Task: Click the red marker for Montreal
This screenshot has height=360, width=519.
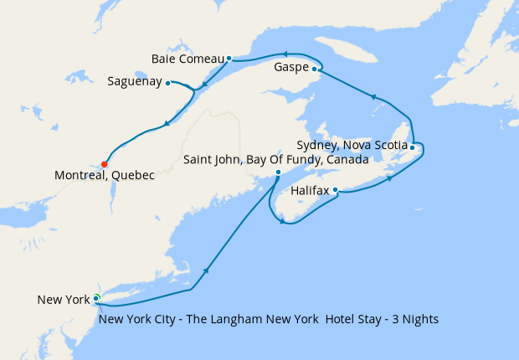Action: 105,164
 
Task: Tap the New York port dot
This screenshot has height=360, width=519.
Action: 96,298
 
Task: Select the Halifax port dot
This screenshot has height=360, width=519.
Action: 336,190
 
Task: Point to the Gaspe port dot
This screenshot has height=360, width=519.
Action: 315,69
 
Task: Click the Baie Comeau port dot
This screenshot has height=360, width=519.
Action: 229,59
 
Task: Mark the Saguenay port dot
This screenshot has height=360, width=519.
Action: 168,82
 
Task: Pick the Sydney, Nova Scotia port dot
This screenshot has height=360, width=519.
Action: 413,147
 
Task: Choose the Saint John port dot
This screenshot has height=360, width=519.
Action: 279,172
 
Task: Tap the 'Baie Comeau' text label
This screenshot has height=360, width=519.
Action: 188,59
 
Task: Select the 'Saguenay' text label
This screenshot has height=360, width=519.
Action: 135,82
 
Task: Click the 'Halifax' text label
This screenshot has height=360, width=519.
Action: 311,191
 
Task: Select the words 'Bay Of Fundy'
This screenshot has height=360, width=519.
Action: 291,159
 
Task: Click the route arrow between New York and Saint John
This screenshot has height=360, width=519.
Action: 206,271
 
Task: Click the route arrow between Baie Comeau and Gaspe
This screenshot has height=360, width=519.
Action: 284,54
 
